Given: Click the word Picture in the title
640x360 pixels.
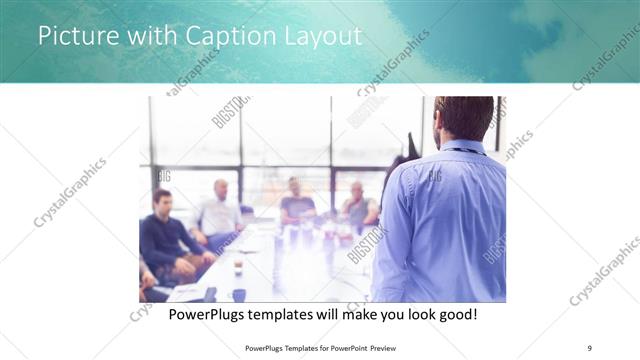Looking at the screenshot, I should (77, 36).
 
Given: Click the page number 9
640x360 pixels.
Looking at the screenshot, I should (590, 347).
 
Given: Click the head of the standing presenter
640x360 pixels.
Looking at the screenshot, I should (463, 117).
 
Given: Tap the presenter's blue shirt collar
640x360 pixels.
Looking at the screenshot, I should (462, 147).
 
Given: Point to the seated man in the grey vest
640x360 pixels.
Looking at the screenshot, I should (358, 205).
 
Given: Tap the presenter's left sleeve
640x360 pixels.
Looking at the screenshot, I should (392, 230).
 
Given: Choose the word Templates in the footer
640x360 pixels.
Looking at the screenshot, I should (288, 347).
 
